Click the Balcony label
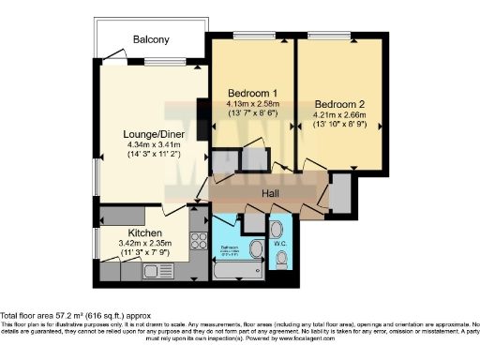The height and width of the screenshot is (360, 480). pos(150,40)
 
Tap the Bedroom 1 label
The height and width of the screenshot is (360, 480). pos(252,93)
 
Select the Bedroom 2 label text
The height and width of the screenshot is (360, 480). pos(338,103)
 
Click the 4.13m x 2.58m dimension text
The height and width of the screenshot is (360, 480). pos(252,105)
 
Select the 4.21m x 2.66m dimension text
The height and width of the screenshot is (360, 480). pos(338,115)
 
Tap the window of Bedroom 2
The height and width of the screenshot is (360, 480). pos(339,36)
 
